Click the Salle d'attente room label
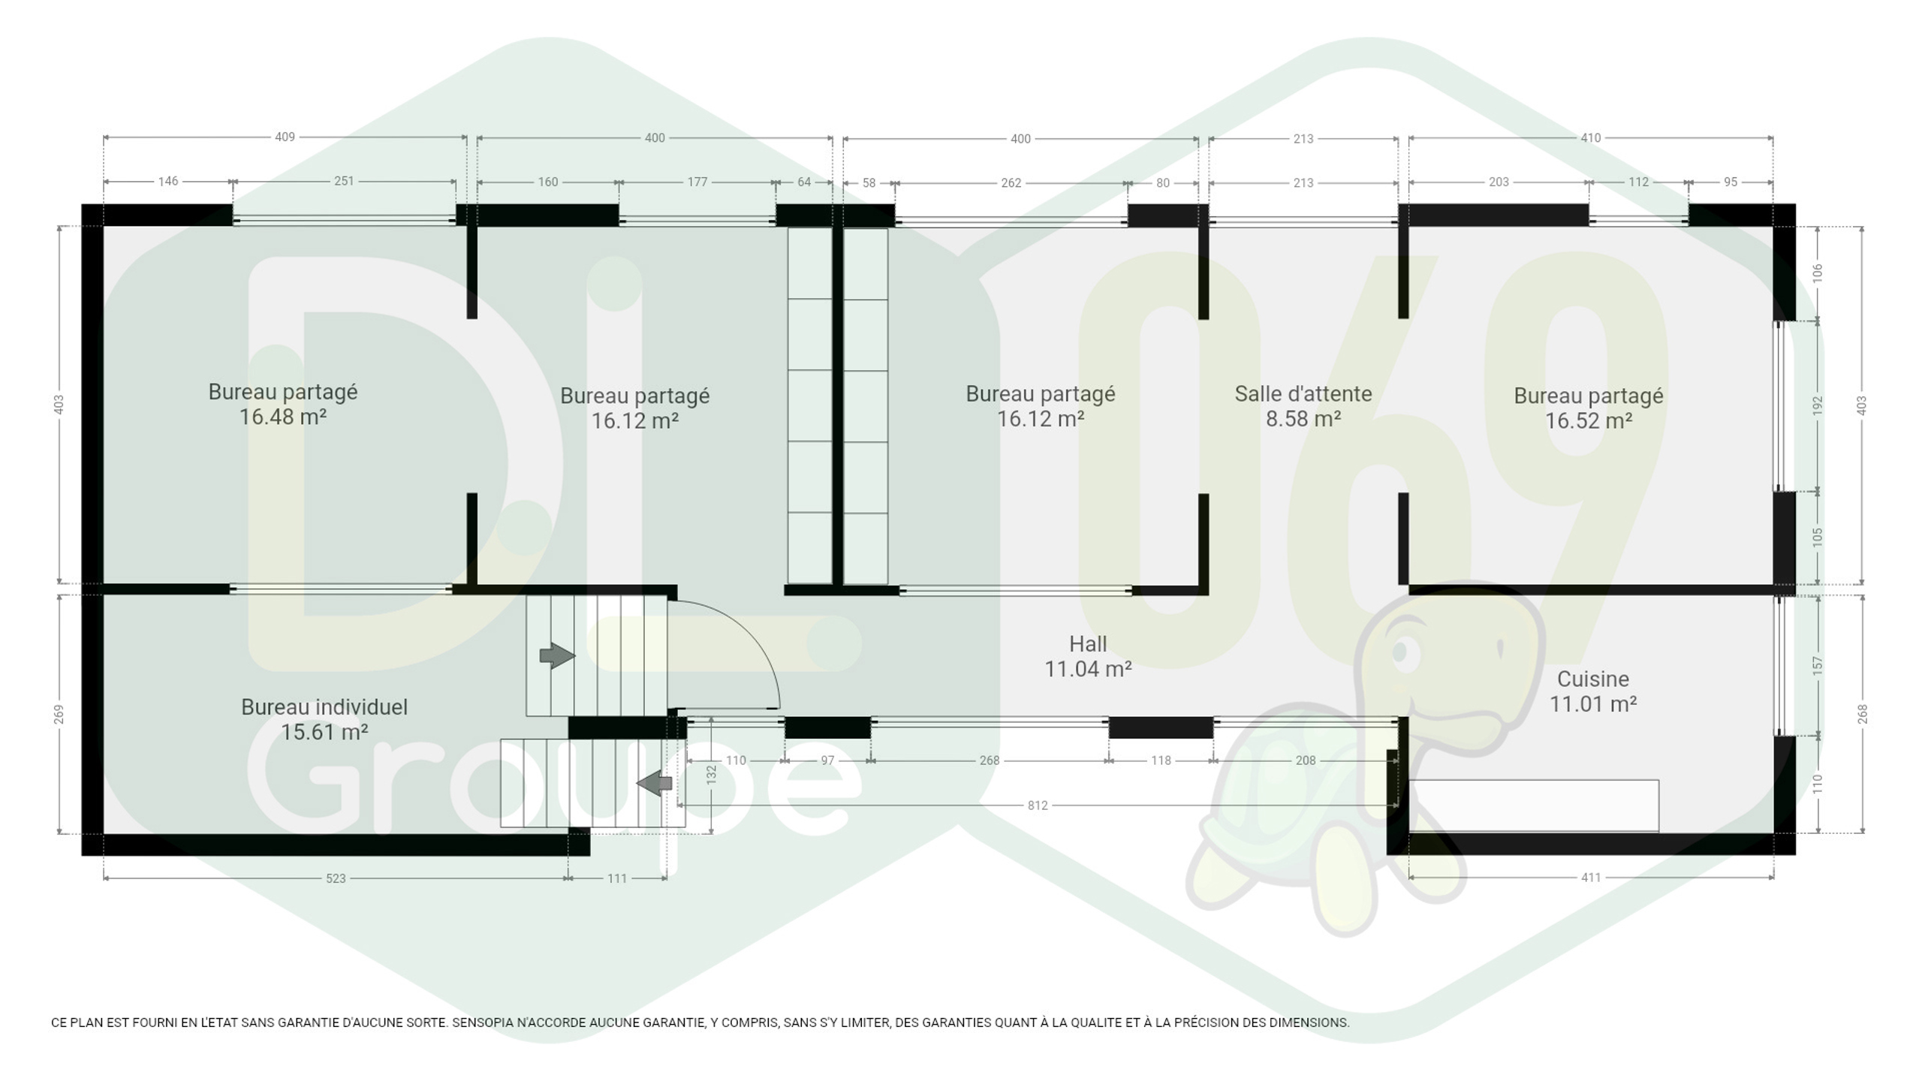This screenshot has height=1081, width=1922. point(1303,393)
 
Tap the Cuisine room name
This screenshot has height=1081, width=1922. point(1592,679)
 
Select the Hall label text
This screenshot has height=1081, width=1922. point(1088,643)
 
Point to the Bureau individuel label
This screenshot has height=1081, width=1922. point(324,707)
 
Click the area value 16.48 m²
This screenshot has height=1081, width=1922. point(283,417)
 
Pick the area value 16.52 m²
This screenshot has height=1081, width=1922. point(1589,420)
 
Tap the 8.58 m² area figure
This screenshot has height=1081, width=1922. point(1303,418)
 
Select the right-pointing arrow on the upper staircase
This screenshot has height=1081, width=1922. point(557,655)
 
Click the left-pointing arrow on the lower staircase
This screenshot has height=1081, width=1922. point(654,783)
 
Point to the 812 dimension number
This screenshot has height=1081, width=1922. point(1037,805)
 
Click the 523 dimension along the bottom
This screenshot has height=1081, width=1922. point(336,878)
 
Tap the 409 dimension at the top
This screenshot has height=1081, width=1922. point(285,137)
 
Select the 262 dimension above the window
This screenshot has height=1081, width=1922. point(1011,183)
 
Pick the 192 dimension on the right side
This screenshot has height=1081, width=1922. point(1818,406)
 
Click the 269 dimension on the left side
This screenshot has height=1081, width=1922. point(59,715)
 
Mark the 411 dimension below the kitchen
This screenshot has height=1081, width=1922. point(1591,878)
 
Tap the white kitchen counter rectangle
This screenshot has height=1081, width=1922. point(1534,805)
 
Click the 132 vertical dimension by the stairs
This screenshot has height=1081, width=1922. point(711,775)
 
